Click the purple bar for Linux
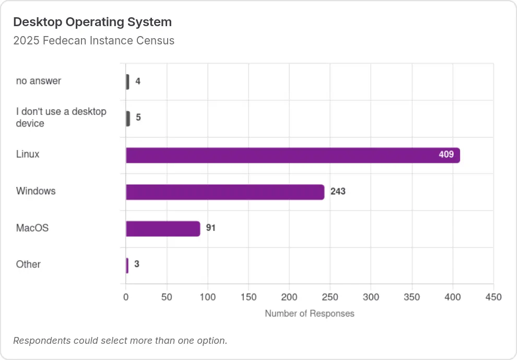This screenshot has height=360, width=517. [293, 155]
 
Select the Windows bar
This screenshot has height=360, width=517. [225, 192]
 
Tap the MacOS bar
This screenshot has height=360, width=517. [163, 229]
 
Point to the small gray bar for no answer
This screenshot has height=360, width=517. [127, 82]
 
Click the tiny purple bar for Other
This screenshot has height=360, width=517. [127, 265]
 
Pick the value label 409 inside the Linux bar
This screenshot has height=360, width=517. [446, 155]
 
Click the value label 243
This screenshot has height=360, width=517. [338, 191]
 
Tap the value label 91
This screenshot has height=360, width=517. [210, 228]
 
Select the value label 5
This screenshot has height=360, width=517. [138, 117]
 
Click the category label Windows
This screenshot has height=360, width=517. [36, 191]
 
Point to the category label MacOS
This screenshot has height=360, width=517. [32, 228]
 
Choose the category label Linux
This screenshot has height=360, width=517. [28, 154]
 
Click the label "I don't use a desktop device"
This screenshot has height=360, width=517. [61, 118]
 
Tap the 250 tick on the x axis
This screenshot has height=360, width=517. [330, 297]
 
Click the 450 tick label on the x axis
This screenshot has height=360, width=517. [494, 297]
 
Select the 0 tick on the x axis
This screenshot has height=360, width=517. [126, 297]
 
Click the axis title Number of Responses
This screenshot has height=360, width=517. [310, 313]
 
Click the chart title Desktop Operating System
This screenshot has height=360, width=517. [92, 22]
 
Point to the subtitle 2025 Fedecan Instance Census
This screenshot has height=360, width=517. [93, 41]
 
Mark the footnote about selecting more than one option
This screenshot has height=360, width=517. [120, 341]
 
